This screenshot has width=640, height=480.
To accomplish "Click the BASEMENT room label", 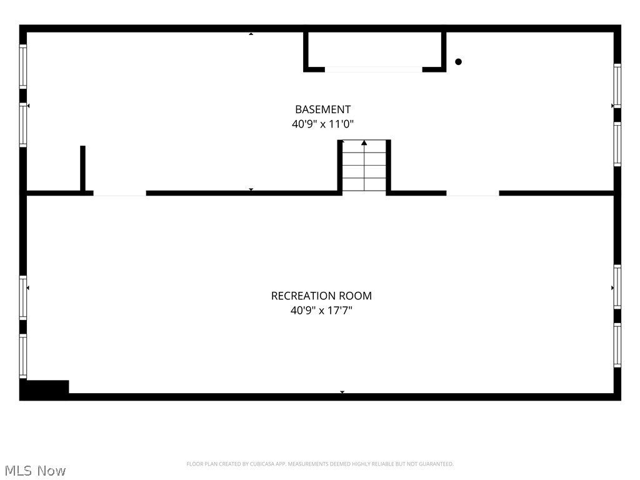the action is [x=323, y=109].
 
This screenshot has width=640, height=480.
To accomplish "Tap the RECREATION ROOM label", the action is [x=322, y=296].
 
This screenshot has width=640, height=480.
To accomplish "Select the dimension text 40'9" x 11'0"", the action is [x=323, y=124].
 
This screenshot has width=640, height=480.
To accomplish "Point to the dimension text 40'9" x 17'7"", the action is [x=322, y=311].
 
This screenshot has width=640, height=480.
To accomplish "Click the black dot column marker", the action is [x=458, y=62].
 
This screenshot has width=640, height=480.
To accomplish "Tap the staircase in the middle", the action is [x=364, y=165].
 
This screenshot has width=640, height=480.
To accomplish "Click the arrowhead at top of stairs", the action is [x=364, y=142].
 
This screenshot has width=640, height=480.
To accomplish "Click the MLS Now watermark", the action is [x=35, y=471].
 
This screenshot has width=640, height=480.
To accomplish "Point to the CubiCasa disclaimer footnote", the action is [x=320, y=464].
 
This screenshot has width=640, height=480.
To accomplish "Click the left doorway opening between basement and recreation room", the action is [x=119, y=194].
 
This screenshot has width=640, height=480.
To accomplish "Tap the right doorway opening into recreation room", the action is [x=472, y=194].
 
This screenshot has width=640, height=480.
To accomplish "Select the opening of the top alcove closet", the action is [x=374, y=69].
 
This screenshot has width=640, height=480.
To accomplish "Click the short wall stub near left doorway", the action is [x=83, y=168].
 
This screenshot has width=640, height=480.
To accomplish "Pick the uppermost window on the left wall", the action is [x=23, y=66].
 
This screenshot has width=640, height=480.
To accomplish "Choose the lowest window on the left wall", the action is [x=23, y=356].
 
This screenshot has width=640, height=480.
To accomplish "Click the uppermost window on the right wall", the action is [x=617, y=86].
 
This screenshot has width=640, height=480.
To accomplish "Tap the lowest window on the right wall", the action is [x=617, y=345].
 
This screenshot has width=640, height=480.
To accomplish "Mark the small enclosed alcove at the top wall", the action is [x=375, y=50].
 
